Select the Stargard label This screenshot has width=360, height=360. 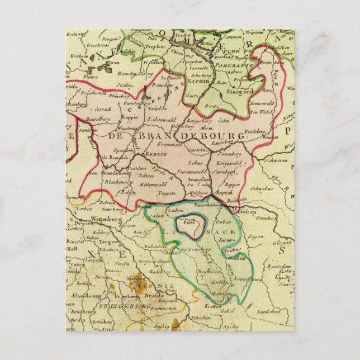pos(241,91)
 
